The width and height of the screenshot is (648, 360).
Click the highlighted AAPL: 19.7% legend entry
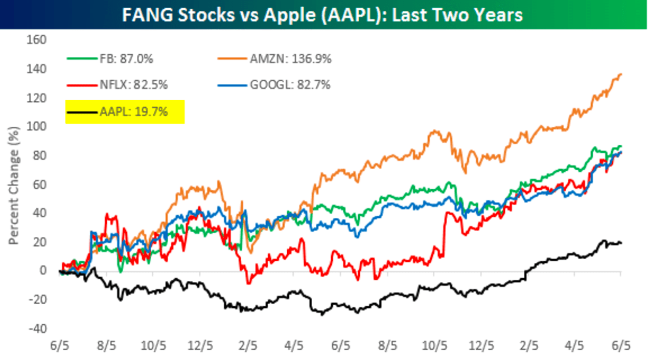[134, 111]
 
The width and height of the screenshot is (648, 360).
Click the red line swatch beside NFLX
[81, 84]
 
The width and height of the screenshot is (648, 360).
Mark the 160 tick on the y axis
[40, 40]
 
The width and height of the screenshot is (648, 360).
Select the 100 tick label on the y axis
[40, 126]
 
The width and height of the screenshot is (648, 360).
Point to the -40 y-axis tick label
[40, 328]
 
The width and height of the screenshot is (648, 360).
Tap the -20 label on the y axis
[40, 299]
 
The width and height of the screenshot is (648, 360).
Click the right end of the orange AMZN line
[620, 75]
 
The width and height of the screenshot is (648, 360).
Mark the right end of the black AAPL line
[620, 242]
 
